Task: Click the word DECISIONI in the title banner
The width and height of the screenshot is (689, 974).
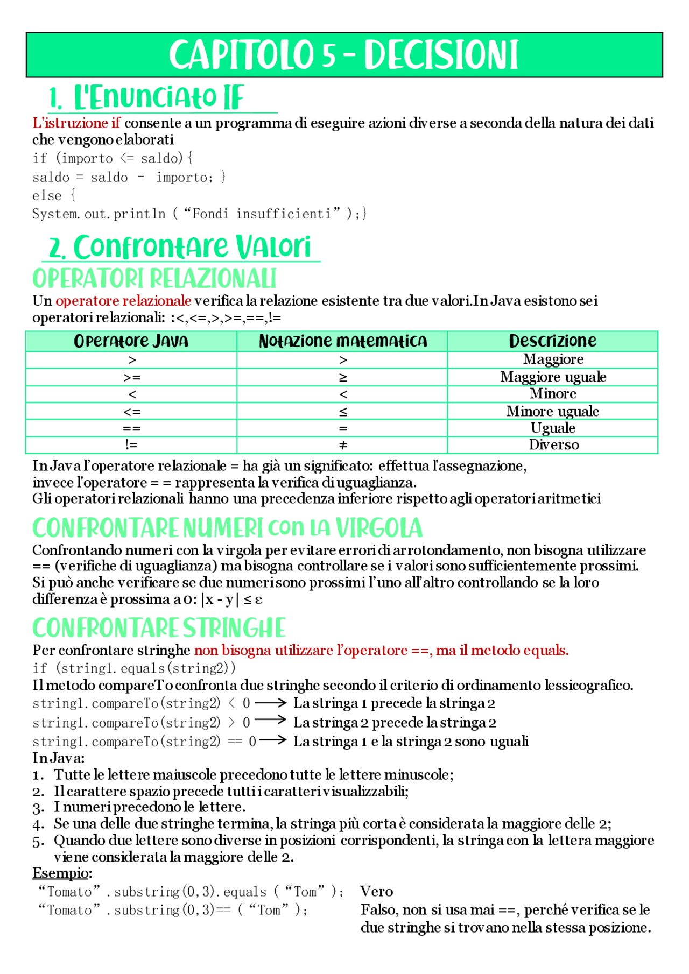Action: [x=441, y=55]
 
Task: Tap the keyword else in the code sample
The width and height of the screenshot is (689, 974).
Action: [x=47, y=195]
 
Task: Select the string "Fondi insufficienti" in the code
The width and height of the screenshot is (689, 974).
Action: [x=262, y=214]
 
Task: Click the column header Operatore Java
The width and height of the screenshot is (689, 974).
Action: [x=131, y=341]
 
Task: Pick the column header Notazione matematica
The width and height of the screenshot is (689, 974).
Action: [x=342, y=341]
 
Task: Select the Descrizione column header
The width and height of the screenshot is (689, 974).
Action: [x=552, y=341]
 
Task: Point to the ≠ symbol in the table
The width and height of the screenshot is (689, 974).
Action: [x=343, y=446]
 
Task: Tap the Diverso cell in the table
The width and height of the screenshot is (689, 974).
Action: [x=553, y=445]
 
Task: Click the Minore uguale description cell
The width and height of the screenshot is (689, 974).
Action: [x=552, y=412]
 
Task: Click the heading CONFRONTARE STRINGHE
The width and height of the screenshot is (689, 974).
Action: [x=159, y=628]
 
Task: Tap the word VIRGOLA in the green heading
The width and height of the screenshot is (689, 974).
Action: [x=379, y=528]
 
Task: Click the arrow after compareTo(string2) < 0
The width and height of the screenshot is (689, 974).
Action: [x=270, y=703]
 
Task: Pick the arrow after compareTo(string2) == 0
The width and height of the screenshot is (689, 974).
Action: [x=273, y=740]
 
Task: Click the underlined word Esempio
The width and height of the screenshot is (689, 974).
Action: [x=60, y=873]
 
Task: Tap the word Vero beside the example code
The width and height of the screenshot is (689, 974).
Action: [x=376, y=891]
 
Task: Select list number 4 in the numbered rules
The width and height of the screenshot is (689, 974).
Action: [x=38, y=824]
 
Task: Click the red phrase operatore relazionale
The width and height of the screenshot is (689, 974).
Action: [x=123, y=301]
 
